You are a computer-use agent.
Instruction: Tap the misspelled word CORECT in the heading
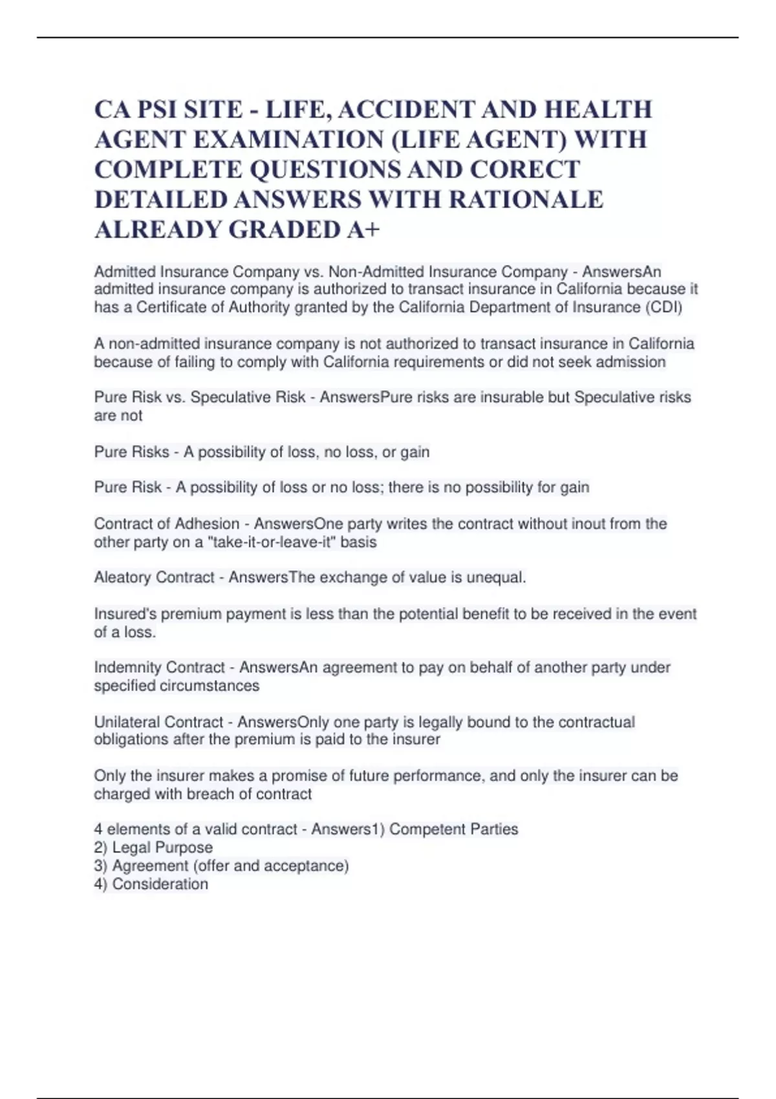pyautogui.click(x=524, y=169)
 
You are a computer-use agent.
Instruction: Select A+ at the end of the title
pyautogui.click(x=363, y=229)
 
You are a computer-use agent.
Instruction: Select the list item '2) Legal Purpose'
pyautogui.click(x=153, y=848)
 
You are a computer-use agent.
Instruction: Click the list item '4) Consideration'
pyautogui.click(x=151, y=884)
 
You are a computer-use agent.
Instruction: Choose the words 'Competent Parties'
pyautogui.click(x=453, y=829)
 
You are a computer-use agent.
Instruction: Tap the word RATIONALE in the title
pyautogui.click(x=525, y=200)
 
